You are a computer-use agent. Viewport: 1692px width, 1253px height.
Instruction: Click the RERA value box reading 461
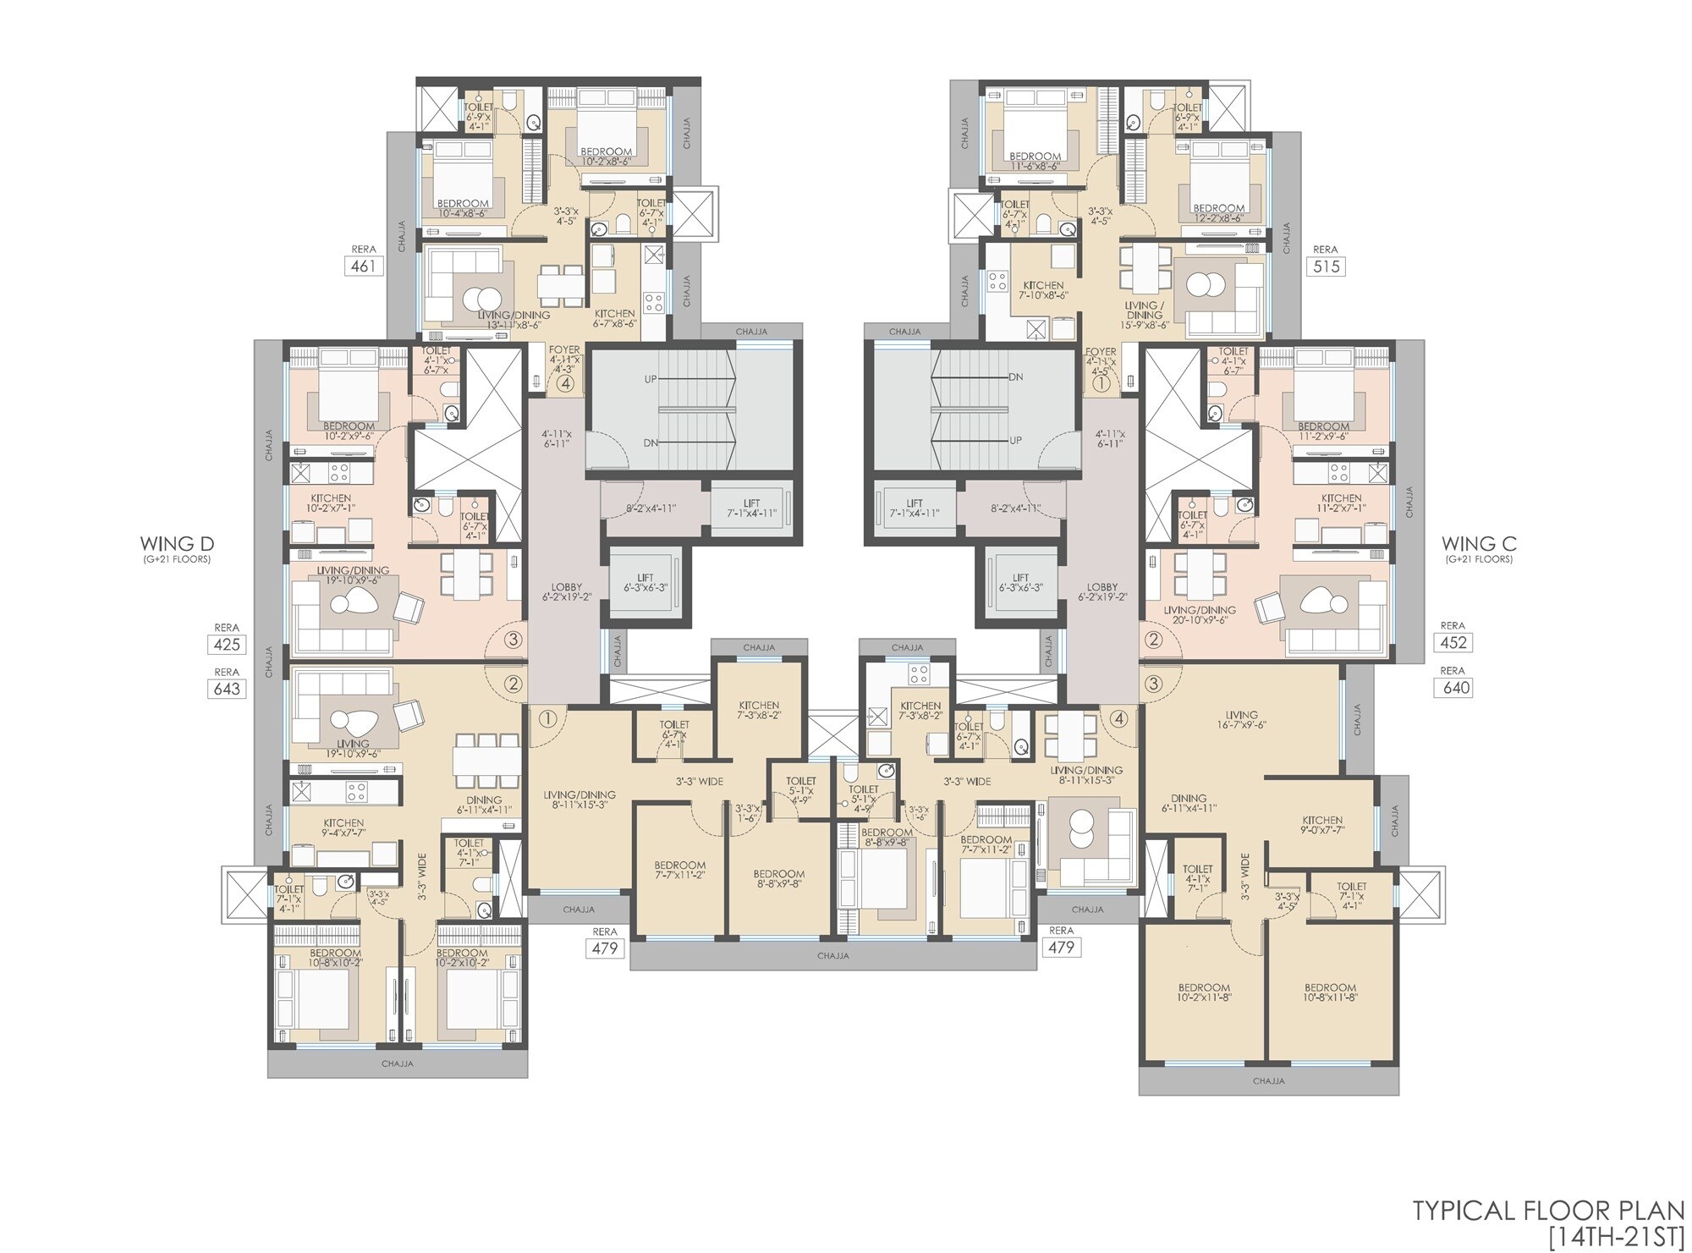point(364,267)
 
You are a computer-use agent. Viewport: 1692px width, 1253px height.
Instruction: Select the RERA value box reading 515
point(1325,267)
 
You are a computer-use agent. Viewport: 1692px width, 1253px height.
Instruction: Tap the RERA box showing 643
point(227,689)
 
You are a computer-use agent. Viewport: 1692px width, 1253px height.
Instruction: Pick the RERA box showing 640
point(1456,688)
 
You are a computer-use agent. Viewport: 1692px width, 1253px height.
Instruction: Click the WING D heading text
point(177,544)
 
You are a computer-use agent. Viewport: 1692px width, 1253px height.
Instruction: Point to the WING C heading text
point(1479,544)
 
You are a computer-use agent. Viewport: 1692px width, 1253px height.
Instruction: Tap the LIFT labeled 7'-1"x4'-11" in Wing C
point(914,508)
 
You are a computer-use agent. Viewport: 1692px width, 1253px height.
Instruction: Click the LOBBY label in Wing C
point(1102,587)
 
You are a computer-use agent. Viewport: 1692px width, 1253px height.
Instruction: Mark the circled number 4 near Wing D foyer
point(565,383)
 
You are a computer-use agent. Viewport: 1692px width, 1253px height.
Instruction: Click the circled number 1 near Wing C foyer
point(1101,383)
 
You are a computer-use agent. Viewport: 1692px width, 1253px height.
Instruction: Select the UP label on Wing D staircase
point(650,379)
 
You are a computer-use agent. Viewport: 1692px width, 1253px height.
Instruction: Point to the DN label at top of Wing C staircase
point(1016,377)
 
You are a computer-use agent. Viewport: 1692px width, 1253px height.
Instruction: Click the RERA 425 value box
point(227,645)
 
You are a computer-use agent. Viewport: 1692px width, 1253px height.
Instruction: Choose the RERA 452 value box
point(1453,642)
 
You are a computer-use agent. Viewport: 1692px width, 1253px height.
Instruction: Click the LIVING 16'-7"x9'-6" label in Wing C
point(1241,720)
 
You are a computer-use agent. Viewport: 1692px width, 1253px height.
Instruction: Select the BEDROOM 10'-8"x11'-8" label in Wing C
point(1330,992)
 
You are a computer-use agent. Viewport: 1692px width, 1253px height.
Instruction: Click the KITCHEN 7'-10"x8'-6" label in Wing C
point(1043,290)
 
